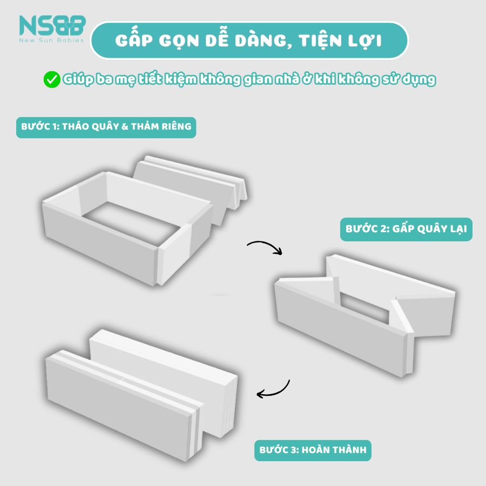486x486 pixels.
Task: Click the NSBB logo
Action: (x=52, y=25)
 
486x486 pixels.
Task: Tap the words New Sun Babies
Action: (x=52, y=41)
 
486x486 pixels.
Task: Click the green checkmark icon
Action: (x=51, y=80)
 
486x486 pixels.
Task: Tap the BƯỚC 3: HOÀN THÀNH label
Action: (x=313, y=449)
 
